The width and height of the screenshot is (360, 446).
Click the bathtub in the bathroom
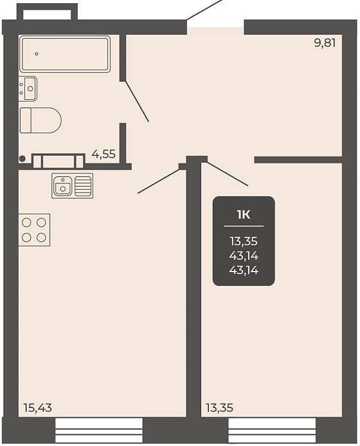[65, 54]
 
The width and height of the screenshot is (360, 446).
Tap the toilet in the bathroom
[40, 120]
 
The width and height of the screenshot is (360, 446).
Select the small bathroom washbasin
[28, 88]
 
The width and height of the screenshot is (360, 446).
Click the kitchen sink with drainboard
[72, 186]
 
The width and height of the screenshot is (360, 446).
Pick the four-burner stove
[34, 230]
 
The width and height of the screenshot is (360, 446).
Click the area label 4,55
[104, 154]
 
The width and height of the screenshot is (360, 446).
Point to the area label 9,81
[325, 43]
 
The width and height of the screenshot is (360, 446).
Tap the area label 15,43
[38, 408]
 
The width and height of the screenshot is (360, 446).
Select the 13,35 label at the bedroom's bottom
[219, 408]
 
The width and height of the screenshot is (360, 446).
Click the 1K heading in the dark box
[244, 215]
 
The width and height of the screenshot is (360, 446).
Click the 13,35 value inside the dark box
[244, 241]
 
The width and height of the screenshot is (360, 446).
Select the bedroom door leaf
[228, 174]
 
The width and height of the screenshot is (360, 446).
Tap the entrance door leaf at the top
[204, 10]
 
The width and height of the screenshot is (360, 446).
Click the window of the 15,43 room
[98, 430]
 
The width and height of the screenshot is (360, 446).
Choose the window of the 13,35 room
[272, 430]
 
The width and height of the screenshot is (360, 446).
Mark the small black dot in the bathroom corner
[22, 159]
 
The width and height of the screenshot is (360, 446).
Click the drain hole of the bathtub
[37, 54]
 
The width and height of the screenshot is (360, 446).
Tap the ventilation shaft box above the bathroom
[47, 12]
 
